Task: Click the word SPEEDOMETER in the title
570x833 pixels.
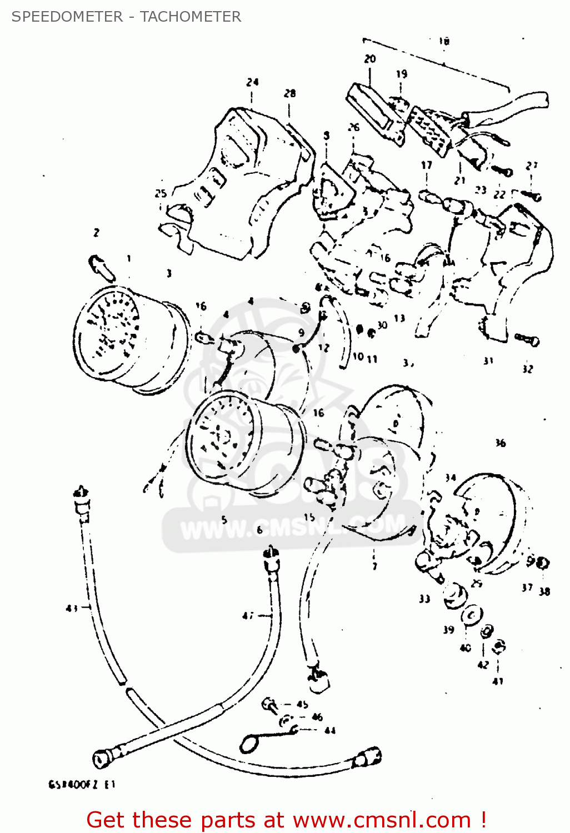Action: (67, 17)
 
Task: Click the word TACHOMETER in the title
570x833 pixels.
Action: (191, 17)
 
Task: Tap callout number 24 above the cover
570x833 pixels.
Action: (252, 82)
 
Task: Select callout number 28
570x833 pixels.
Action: (290, 93)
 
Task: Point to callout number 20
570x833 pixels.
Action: (370, 59)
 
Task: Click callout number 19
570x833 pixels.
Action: (401, 74)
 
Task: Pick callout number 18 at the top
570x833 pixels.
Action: (443, 41)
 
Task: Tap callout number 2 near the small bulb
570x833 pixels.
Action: (96, 233)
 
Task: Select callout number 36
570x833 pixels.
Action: (500, 443)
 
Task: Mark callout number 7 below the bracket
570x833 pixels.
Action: (374, 566)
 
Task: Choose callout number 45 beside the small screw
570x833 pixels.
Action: (302, 705)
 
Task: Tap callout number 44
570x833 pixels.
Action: (329, 731)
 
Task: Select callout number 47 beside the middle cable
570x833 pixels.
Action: (248, 616)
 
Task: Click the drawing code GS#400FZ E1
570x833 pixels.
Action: (82, 785)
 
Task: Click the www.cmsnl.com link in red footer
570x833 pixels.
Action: (382, 820)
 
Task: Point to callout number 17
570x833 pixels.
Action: (426, 165)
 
